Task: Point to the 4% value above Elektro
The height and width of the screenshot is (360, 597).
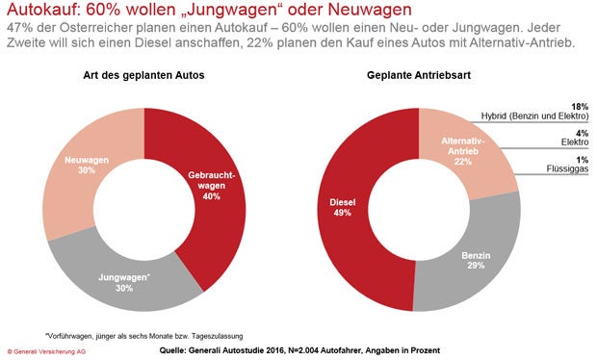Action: click(582, 132)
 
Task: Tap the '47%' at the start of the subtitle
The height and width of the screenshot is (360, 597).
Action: click(20, 30)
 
